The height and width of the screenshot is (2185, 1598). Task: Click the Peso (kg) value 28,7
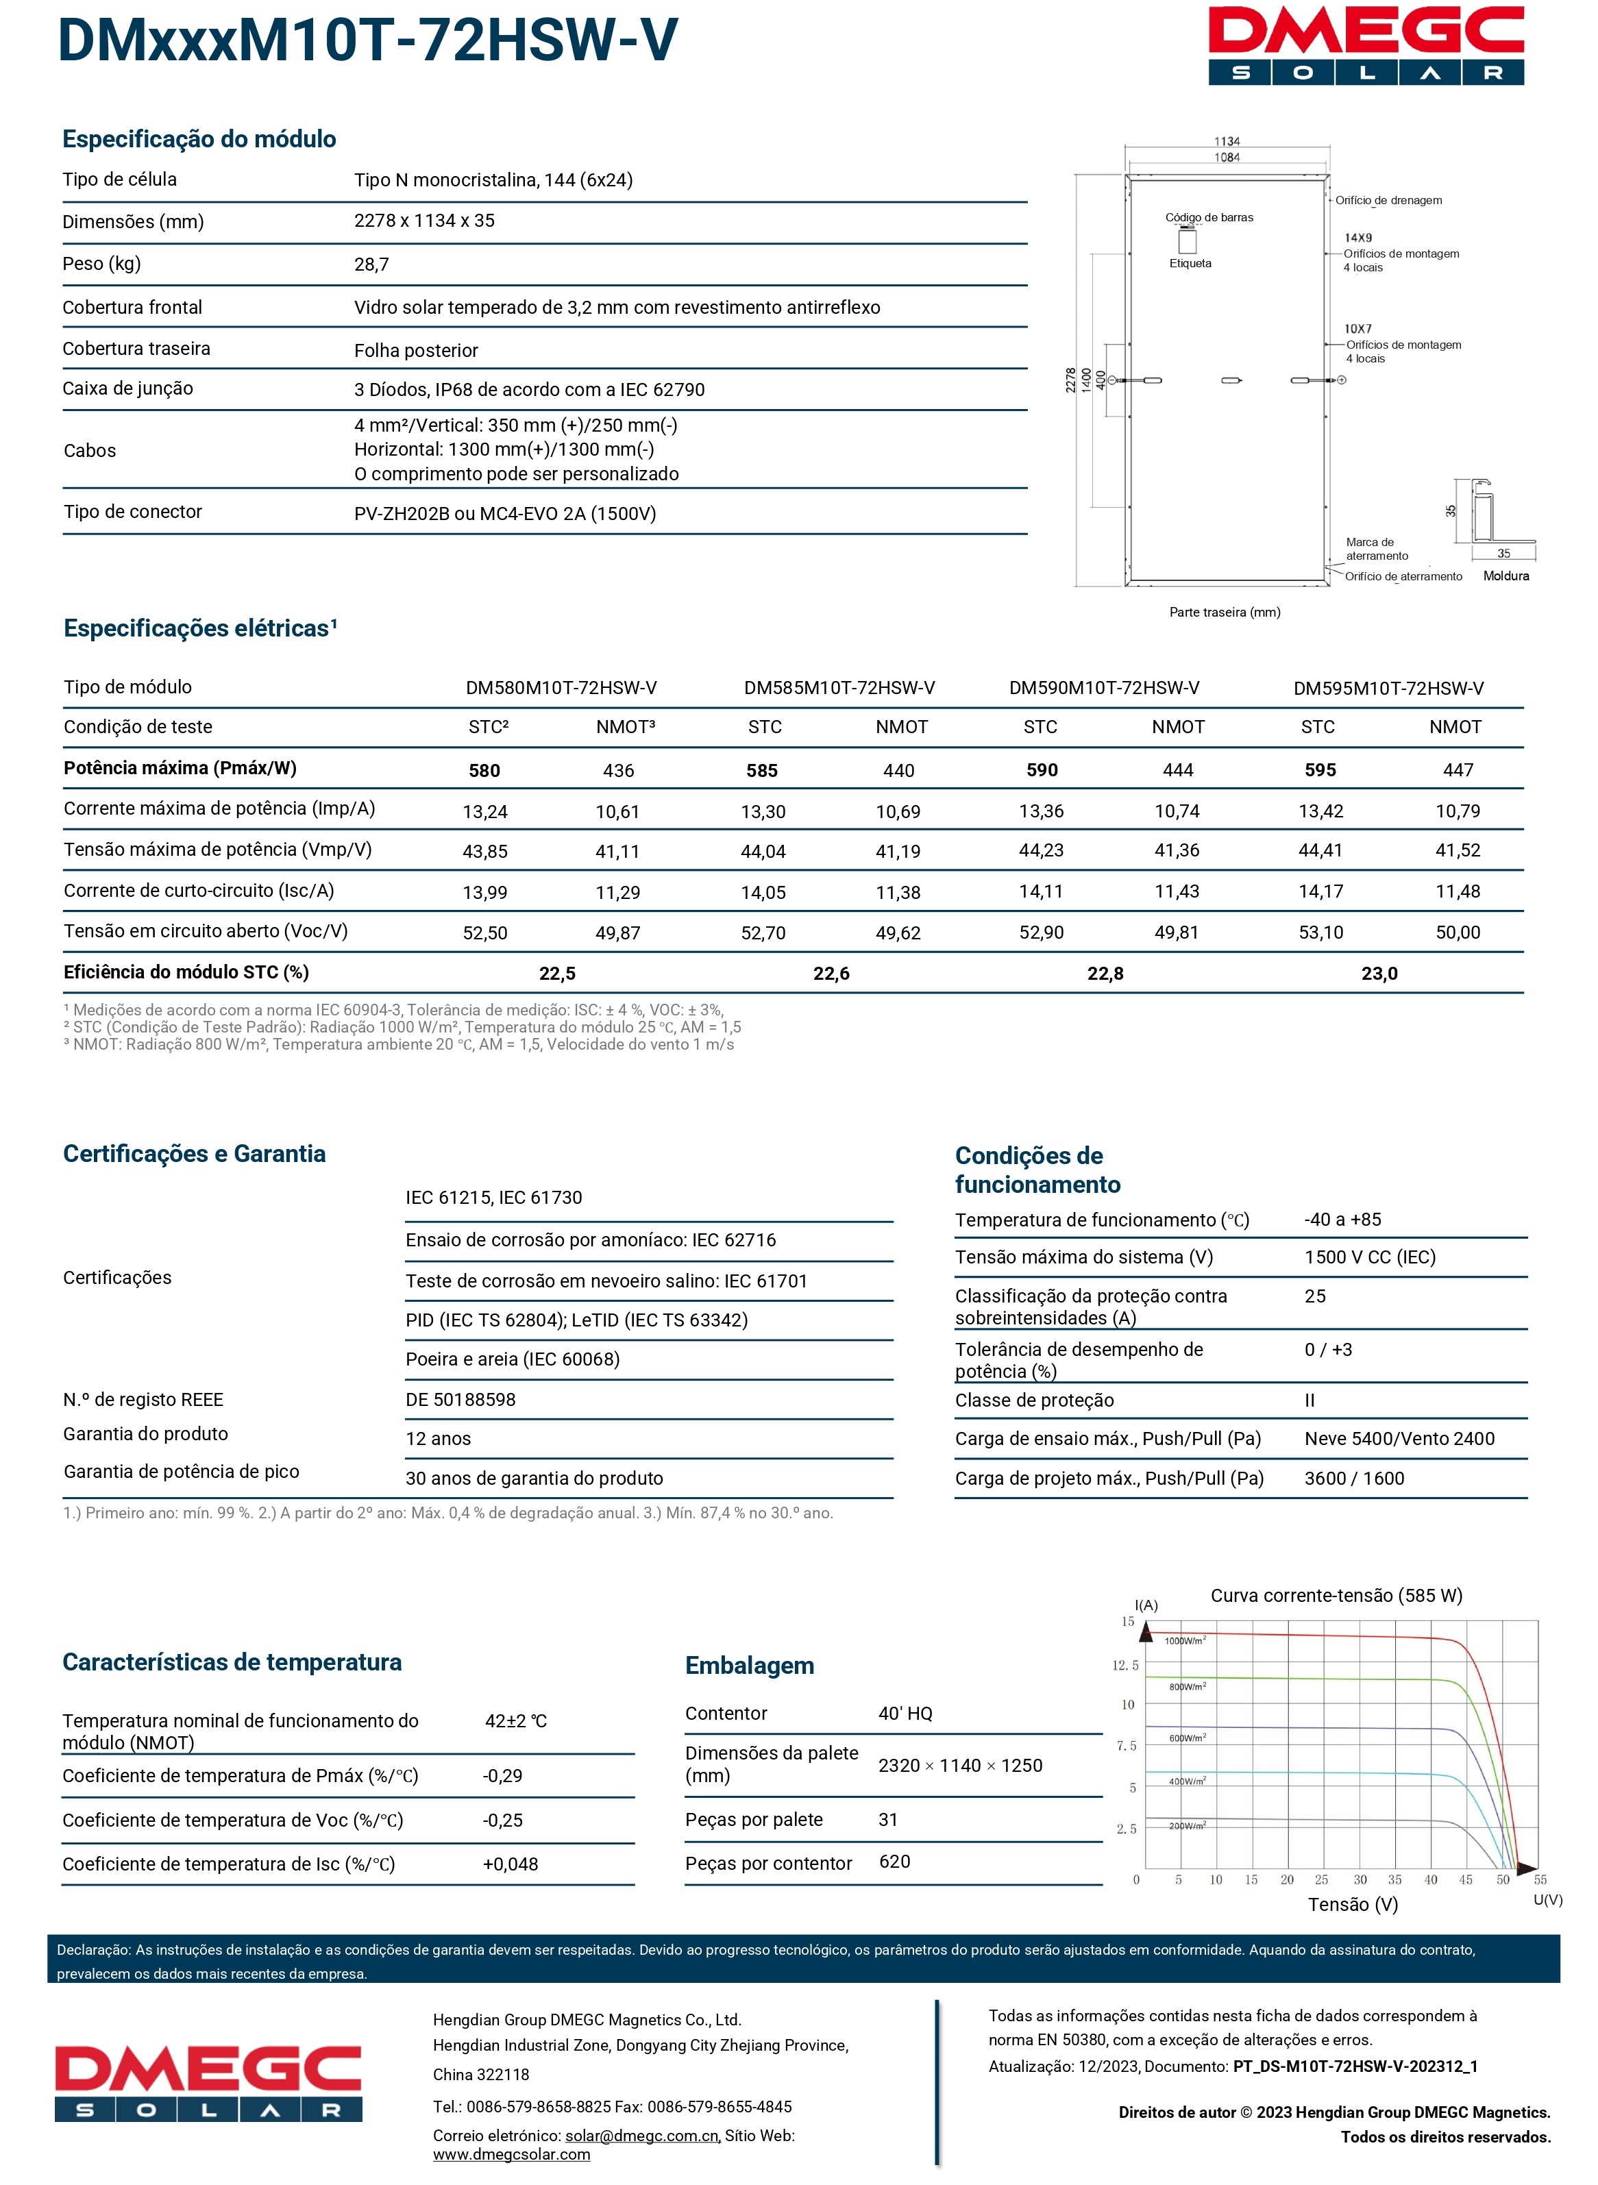point(371,264)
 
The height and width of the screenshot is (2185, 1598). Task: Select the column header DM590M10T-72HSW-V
point(1104,688)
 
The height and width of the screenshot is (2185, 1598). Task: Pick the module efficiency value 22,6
point(831,973)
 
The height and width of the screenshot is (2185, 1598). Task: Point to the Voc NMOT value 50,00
point(1457,933)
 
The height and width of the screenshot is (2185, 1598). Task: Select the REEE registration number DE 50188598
point(460,1400)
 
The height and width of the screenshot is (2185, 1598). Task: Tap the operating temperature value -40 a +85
point(1342,1220)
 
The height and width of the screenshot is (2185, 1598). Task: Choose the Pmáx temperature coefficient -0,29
point(503,1776)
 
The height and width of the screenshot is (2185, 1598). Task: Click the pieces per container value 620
point(895,1861)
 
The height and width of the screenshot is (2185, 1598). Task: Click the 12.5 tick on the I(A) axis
point(1125,1666)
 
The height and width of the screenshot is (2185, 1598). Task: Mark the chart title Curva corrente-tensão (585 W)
point(1336,1596)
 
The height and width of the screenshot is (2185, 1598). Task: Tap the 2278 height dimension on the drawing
point(1071,380)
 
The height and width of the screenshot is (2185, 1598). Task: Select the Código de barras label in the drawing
point(1209,218)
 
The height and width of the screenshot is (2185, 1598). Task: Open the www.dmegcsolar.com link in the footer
point(512,2154)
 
